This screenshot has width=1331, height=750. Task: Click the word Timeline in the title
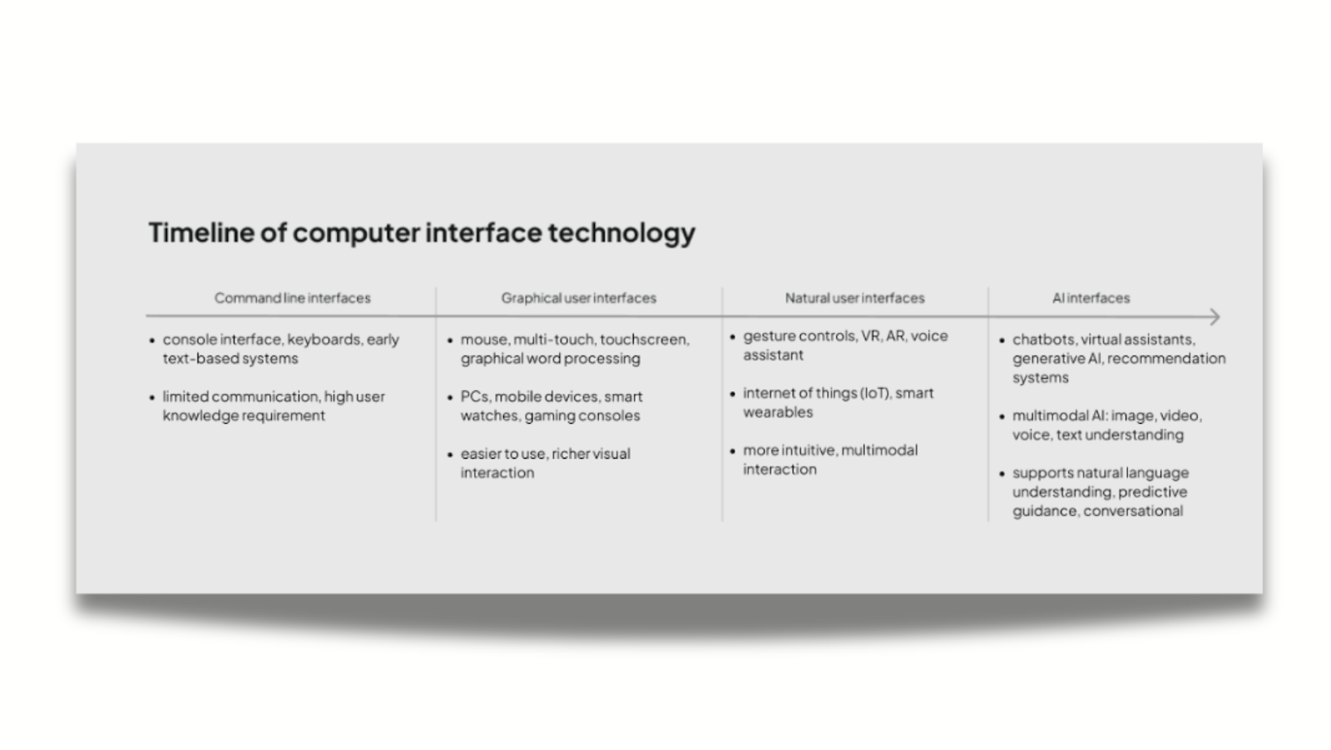200,232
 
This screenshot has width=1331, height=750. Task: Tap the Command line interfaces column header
292,298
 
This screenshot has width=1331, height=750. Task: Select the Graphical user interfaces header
578,298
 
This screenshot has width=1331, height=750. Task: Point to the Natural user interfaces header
854,298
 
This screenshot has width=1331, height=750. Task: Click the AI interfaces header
1091,298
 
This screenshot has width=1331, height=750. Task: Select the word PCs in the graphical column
474,397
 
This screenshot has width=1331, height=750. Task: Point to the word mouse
484,340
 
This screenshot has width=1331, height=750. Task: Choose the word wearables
778,412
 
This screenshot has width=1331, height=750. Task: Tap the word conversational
1133,511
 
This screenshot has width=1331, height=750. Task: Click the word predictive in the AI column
1152,492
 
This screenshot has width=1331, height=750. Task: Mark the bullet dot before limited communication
152,398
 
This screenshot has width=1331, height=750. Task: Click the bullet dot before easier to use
450,454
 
